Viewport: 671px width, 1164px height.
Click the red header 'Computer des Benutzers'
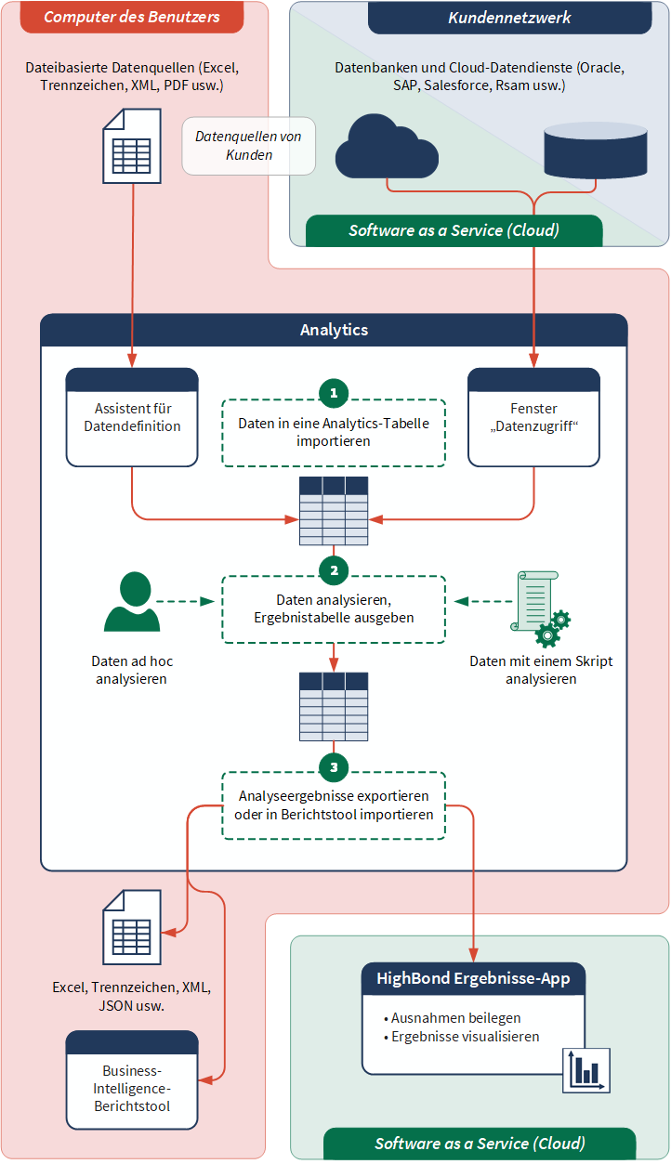[x=132, y=17]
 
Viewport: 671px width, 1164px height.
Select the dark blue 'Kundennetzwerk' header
[x=509, y=18]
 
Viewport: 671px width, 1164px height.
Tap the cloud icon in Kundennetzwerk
[x=386, y=147]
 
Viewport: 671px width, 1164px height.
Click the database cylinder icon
[x=595, y=150]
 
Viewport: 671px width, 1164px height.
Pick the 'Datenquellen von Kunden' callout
[x=249, y=147]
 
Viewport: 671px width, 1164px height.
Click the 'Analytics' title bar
[x=334, y=330]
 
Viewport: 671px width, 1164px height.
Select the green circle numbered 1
[x=334, y=393]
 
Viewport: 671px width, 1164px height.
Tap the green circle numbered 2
[x=334, y=569]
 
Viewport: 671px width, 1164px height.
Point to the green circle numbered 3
[x=334, y=766]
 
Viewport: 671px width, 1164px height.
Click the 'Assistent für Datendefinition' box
[x=132, y=418]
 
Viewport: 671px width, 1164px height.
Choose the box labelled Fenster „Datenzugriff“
[x=533, y=418]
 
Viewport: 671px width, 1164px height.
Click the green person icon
[x=131, y=603]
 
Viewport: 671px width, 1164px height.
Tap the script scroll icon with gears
[x=540, y=608]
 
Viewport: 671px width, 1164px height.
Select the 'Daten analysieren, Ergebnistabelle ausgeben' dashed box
[x=334, y=609]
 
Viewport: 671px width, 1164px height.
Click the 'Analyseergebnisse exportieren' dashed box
[x=334, y=805]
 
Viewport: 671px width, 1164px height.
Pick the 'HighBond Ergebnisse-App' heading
[x=473, y=978]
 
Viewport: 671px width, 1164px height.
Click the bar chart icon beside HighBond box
[x=586, y=1070]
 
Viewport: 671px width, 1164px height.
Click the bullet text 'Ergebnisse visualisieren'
[x=465, y=1037]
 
